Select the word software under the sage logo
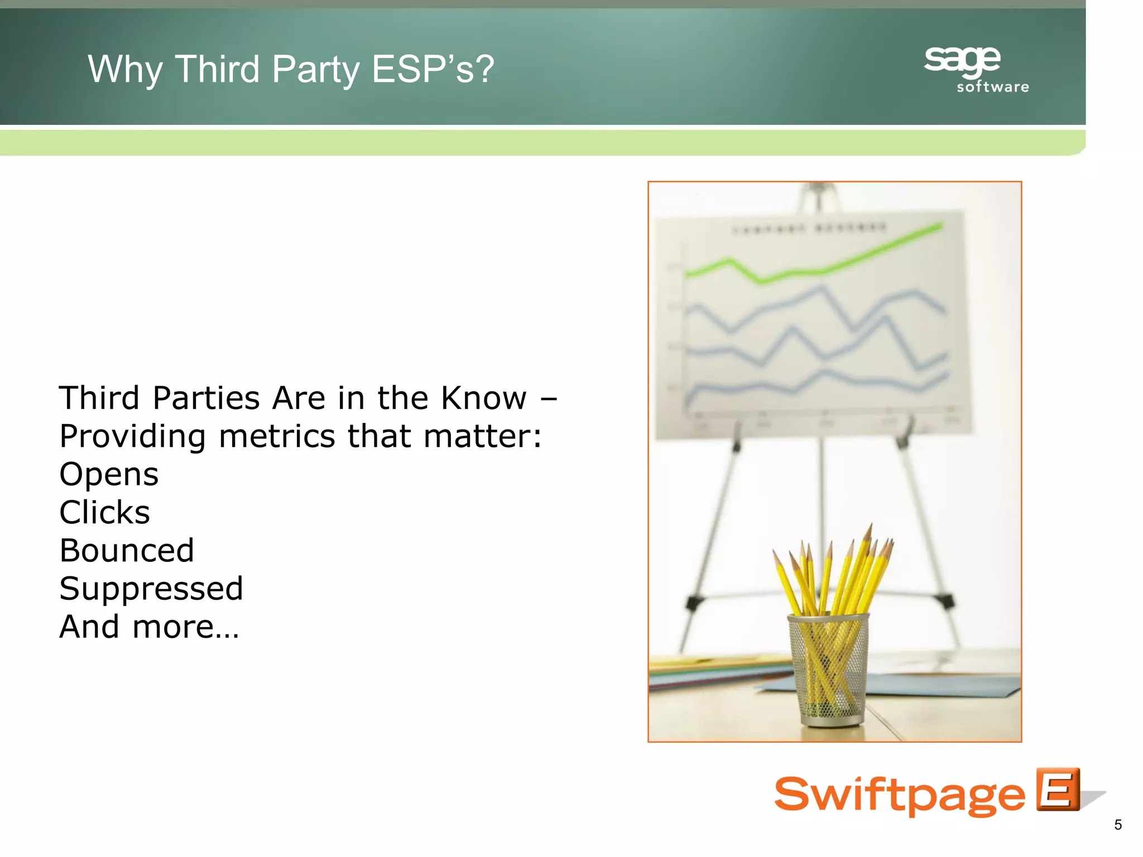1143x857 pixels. (993, 87)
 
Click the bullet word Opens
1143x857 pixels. (109, 475)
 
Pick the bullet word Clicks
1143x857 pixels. (105, 512)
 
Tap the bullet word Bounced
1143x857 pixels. (127, 551)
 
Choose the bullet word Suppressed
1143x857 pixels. (151, 589)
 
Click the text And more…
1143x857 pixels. (149, 627)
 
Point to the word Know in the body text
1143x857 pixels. (483, 398)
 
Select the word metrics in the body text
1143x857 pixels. (277, 436)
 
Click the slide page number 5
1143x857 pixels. (1117, 825)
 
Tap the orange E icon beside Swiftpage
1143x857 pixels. (1058, 789)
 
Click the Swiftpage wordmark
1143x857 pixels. (899, 795)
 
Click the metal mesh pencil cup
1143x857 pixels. (828, 670)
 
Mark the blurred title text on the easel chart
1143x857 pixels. (809, 228)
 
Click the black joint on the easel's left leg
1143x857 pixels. (694, 601)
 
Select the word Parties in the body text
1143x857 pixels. (206, 398)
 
